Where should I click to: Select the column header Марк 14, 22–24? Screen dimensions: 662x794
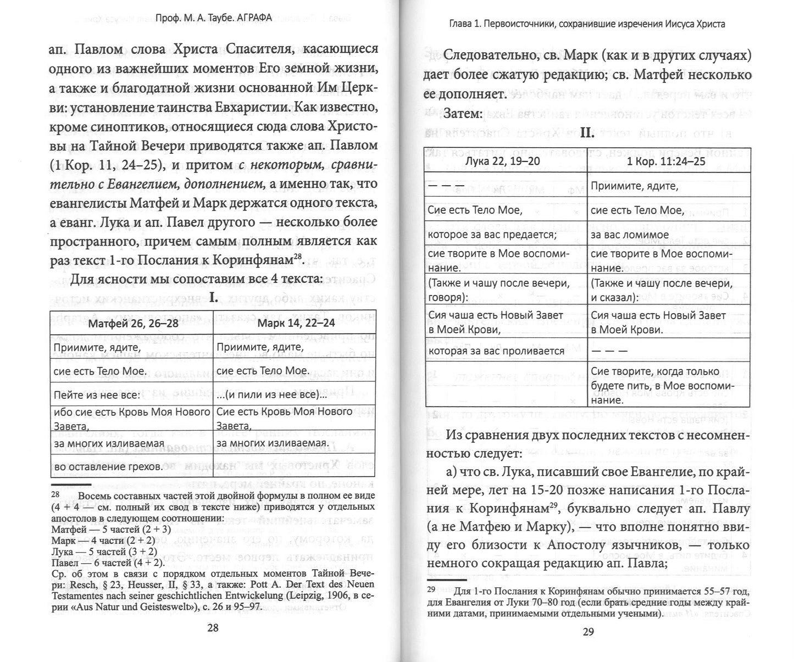(293, 322)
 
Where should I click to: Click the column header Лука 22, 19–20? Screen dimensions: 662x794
(506, 162)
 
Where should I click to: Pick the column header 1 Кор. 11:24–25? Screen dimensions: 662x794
(668, 162)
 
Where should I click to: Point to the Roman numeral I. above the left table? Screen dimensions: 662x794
(214, 299)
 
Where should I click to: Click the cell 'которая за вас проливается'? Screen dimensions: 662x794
(496, 351)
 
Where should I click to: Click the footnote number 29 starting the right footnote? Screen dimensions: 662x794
(431, 591)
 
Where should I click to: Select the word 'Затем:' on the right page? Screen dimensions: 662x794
(463, 114)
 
